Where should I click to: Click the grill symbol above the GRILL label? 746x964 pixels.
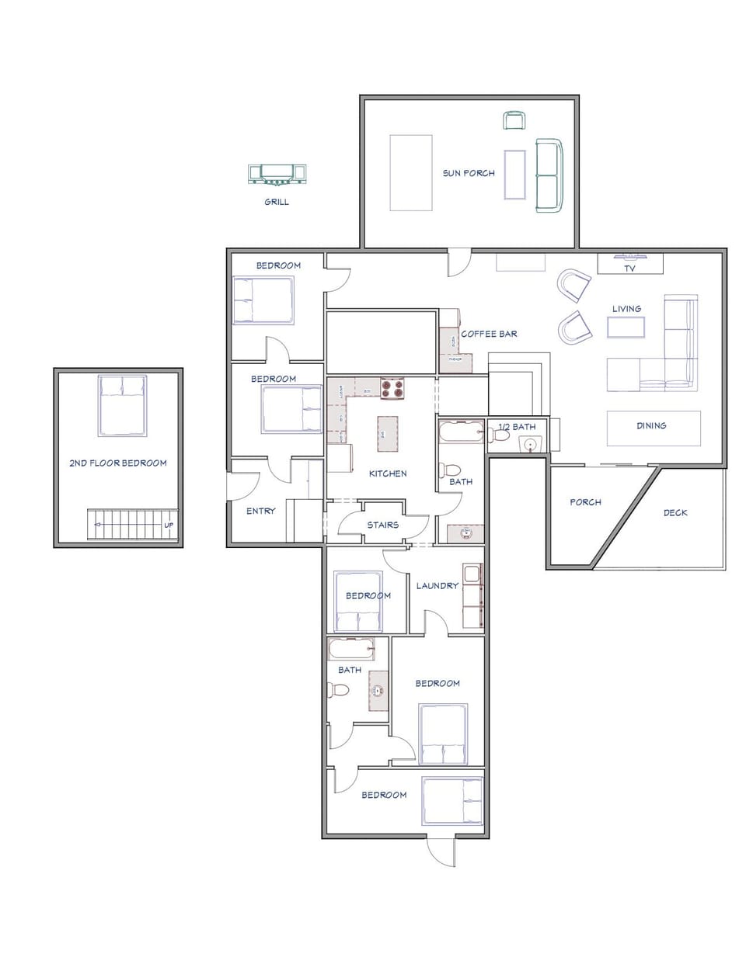(277, 175)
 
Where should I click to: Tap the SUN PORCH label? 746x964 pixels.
(469, 173)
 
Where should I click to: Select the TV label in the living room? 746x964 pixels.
(629, 269)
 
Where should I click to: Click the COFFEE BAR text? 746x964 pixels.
(490, 334)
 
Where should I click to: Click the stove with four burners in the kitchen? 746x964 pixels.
(392, 387)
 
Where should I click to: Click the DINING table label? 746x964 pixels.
(651, 425)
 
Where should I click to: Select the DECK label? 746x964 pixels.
(675, 513)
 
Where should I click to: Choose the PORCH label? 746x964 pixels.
(585, 502)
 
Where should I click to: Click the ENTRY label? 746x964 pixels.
(260, 511)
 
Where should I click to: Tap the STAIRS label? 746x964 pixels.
(383, 525)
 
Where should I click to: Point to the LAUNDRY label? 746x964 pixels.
(437, 585)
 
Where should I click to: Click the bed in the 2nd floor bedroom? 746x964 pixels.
(123, 405)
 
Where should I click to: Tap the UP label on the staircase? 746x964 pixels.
(169, 525)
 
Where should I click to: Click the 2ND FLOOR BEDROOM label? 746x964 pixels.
(118, 463)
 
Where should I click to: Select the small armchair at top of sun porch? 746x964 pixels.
(514, 120)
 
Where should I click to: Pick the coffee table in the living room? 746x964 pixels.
(626, 328)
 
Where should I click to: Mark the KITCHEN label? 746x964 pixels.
(388, 473)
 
